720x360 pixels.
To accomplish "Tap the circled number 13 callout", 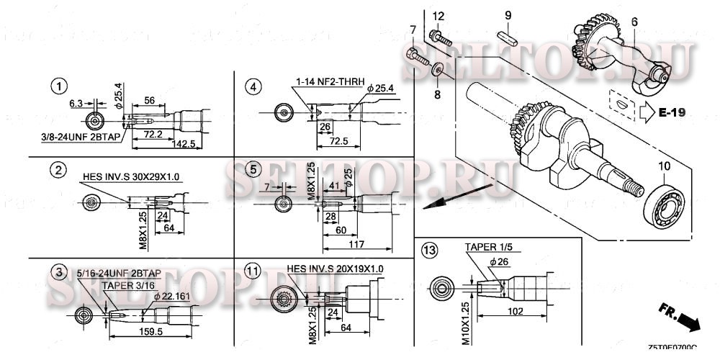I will click(430, 251).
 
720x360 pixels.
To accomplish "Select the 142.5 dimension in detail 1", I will click(184, 144).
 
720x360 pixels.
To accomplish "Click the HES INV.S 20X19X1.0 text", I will click(335, 269).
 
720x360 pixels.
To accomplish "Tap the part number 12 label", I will click(438, 17).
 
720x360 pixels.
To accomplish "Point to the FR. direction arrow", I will click(680, 317).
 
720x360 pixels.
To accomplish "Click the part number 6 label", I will click(634, 22).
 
